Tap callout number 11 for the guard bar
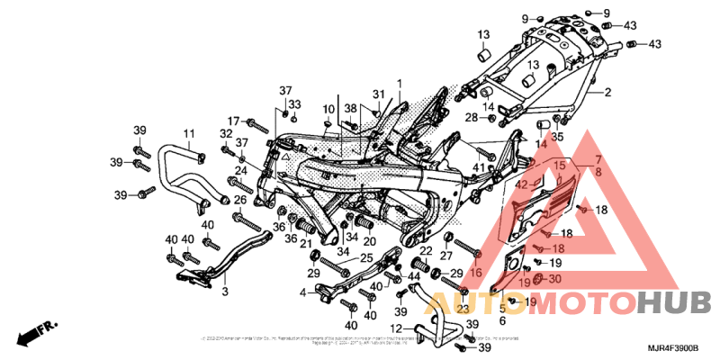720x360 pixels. pyautogui.click(x=189, y=133)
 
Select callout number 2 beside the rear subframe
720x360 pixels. pyautogui.click(x=607, y=93)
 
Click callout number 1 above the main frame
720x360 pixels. pyautogui.click(x=399, y=83)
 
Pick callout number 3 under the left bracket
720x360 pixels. pyautogui.click(x=225, y=292)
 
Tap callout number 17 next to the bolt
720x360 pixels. pyautogui.click(x=232, y=121)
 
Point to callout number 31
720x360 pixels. pyautogui.click(x=379, y=94)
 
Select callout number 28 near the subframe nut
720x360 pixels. pyautogui.click(x=470, y=117)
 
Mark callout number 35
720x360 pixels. pyautogui.click(x=557, y=138)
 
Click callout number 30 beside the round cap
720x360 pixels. pyautogui.click(x=553, y=279)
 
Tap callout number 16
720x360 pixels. pyautogui.click(x=476, y=271)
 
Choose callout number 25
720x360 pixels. pyautogui.click(x=366, y=259)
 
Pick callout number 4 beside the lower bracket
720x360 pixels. pyautogui.click(x=303, y=292)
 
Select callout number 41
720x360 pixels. pyautogui.click(x=478, y=167)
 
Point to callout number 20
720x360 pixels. pyautogui.click(x=369, y=240)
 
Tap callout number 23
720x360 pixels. pyautogui.click(x=463, y=309)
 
